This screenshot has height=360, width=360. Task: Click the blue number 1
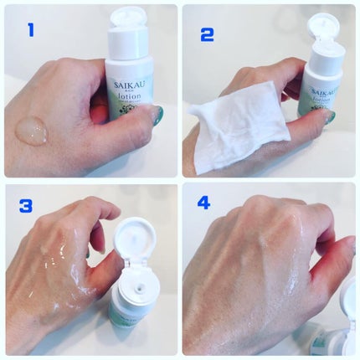tap(31, 31)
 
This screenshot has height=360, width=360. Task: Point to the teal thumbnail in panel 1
tap(157, 116)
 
